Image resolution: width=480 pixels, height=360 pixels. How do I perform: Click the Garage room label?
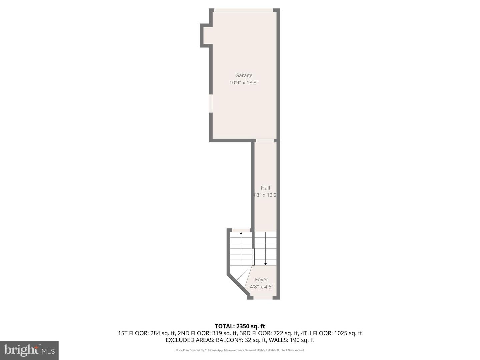(x=244, y=75)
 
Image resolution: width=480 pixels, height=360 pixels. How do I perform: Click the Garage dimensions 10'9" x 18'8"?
(x=244, y=83)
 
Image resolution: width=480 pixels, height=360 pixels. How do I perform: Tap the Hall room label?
(x=265, y=188)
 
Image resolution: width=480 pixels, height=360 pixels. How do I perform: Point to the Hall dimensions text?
(x=265, y=195)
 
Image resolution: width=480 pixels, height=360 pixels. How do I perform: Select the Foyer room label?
(x=261, y=280)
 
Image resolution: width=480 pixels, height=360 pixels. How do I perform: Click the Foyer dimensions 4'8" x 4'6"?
(x=261, y=287)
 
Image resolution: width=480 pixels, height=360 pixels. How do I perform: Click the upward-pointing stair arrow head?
(x=241, y=233)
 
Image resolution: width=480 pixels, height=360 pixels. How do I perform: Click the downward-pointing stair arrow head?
(x=265, y=264)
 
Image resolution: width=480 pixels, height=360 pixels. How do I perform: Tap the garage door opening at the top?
(x=244, y=10)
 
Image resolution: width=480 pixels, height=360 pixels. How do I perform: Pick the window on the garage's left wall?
(x=211, y=103)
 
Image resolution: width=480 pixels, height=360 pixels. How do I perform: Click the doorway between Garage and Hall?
(x=265, y=140)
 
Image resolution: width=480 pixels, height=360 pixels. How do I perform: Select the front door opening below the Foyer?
(x=263, y=297)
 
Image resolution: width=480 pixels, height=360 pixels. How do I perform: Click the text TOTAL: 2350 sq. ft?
(x=240, y=326)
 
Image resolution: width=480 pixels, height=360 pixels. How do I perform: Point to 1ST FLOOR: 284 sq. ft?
(x=146, y=333)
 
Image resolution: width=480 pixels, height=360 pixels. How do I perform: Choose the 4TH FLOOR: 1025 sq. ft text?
(x=331, y=333)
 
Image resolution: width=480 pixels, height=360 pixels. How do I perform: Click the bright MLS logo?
(x=29, y=350)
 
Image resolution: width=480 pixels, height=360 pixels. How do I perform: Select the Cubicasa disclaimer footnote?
(x=240, y=350)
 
